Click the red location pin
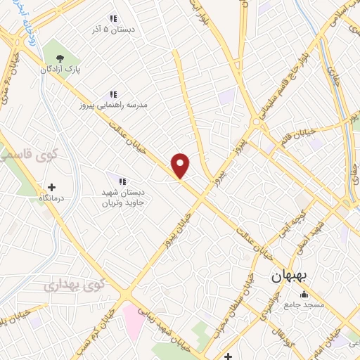[x=181, y=165]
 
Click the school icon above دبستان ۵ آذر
[x=111, y=18]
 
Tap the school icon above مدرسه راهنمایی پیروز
[x=112, y=94]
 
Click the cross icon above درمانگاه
[x=51, y=188]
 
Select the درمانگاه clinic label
[x=51, y=199]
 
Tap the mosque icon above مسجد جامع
[x=303, y=294]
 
